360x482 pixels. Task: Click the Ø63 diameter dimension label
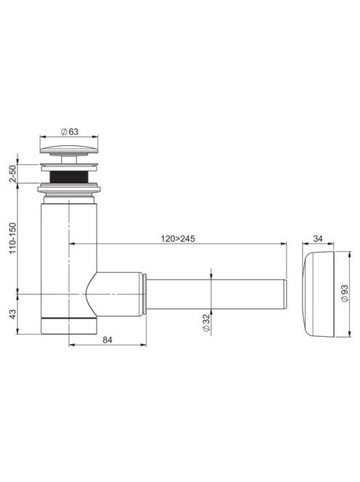point(70,132)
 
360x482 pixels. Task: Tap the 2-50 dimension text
point(12,173)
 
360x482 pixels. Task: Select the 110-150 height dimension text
point(12,238)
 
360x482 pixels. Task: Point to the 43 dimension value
point(12,314)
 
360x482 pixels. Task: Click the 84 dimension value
point(107,340)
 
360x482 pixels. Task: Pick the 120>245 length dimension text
point(178,239)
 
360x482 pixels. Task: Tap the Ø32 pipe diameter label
point(206,322)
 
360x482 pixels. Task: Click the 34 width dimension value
point(318,238)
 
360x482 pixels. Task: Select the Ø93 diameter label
point(345,293)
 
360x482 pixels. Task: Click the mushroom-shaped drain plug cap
point(69,150)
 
